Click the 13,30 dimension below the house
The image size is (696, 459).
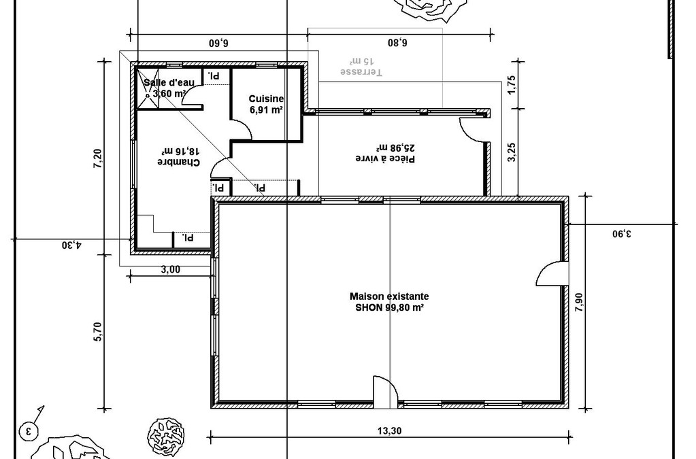point(389,430)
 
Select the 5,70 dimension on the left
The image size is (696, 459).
point(98,331)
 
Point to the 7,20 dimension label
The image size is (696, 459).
point(98,158)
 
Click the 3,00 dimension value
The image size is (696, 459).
point(171,270)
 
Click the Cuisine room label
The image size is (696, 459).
point(266,99)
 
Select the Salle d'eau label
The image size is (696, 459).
point(169,82)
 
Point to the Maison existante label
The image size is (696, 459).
point(389,296)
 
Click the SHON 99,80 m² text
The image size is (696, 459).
point(389,308)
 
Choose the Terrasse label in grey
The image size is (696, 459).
point(361,71)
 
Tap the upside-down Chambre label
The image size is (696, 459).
point(179,162)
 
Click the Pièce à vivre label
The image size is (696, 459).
point(385,158)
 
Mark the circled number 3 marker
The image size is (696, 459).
point(29,430)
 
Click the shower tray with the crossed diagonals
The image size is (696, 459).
point(148,88)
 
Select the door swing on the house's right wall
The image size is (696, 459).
point(552,273)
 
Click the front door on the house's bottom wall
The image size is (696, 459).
point(385,392)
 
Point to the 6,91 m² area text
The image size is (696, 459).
point(266,110)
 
